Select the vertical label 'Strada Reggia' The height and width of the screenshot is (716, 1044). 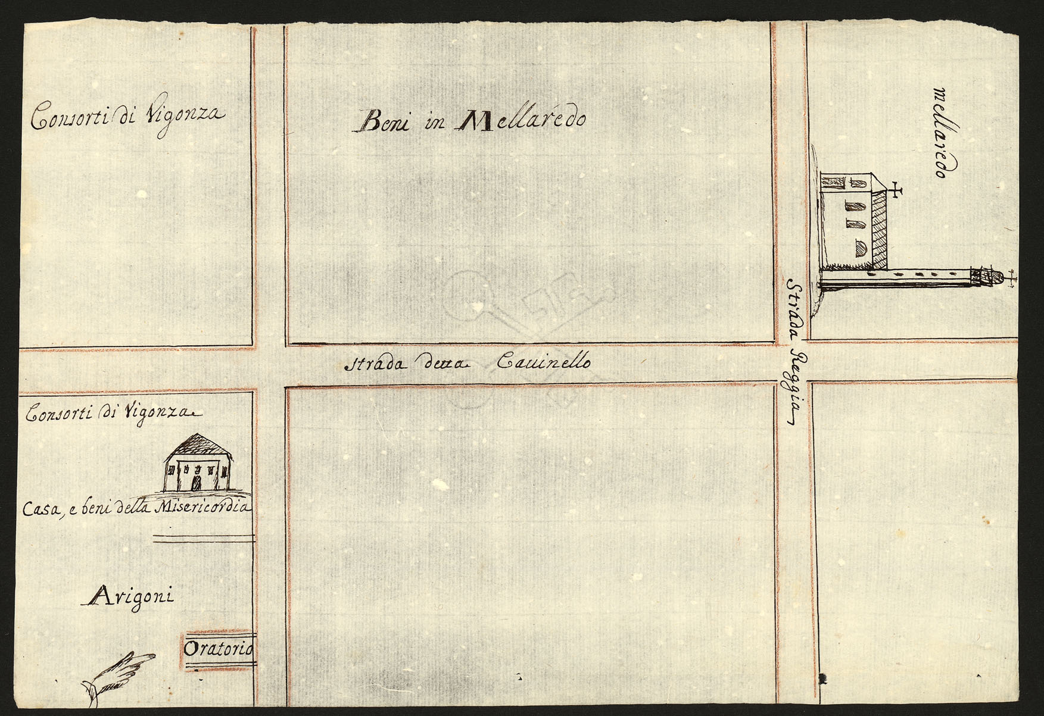(796, 351)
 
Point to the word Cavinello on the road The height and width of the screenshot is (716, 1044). (543, 361)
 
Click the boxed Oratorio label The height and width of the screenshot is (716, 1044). (218, 648)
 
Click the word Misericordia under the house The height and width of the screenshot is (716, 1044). (202, 508)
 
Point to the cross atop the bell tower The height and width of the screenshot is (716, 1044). (1009, 280)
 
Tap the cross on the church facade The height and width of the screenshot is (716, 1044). (895, 190)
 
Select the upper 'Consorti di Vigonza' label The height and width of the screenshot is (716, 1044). (128, 116)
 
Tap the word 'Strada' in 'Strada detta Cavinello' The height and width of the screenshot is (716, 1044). (375, 364)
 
